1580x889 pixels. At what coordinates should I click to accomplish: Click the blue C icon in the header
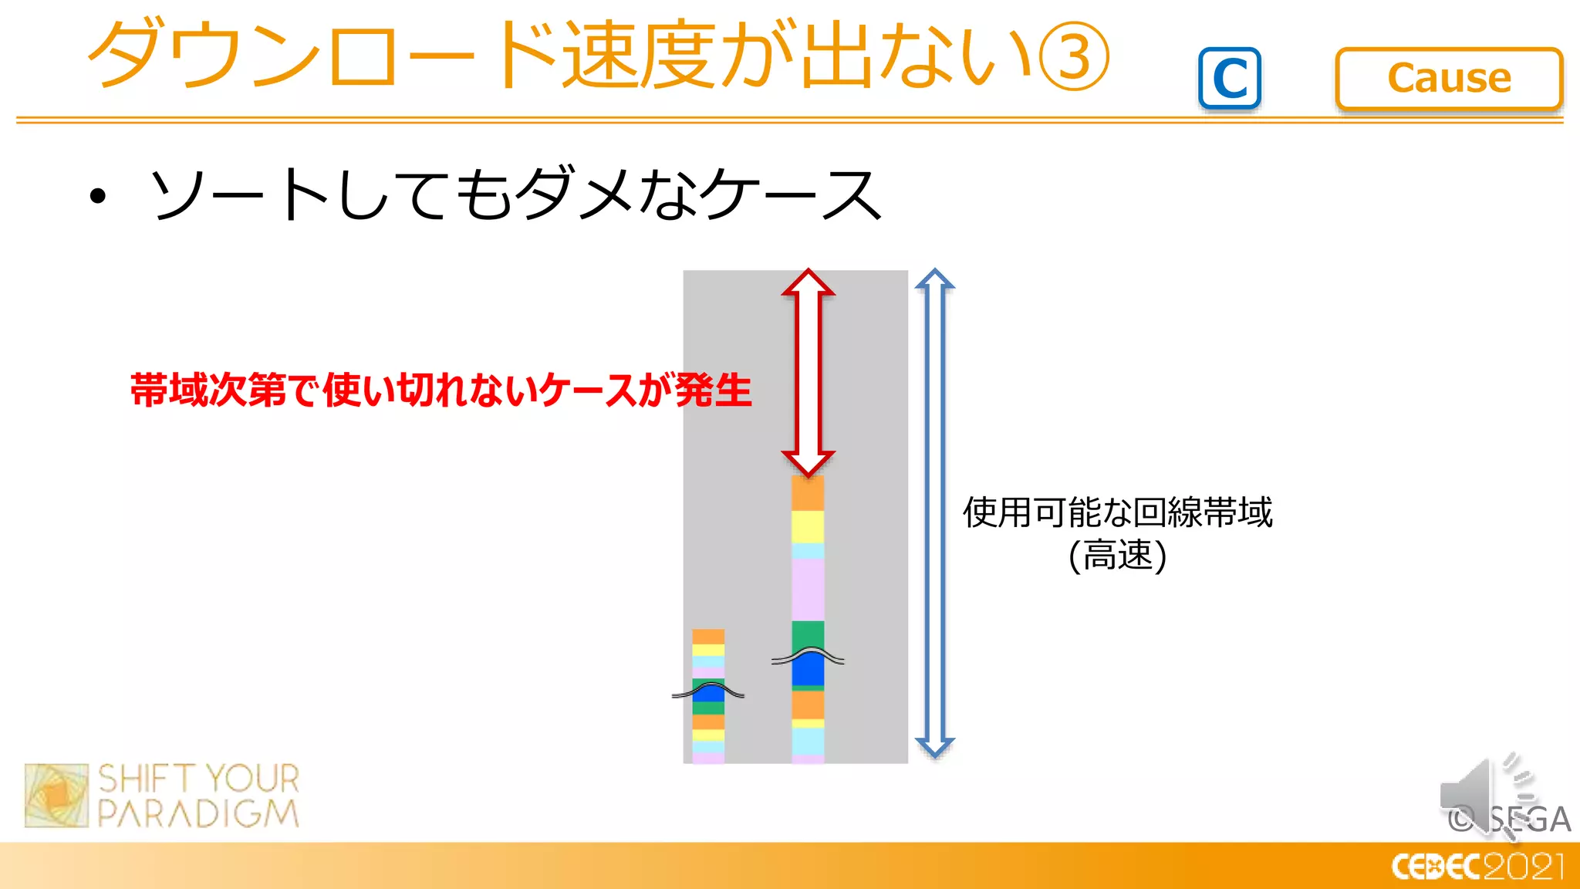1230,78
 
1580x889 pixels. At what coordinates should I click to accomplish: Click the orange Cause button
1448,78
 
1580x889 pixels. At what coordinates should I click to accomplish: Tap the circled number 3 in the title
1074,56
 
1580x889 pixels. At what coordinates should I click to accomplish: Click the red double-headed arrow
808,372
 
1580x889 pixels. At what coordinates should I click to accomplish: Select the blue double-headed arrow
934,513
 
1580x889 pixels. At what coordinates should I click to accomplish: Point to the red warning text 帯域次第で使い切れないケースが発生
441,390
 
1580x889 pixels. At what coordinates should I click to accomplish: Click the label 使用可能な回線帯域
1116,512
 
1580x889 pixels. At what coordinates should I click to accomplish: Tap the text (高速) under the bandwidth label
1116,556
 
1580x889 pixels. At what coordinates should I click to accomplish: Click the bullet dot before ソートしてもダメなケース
97,196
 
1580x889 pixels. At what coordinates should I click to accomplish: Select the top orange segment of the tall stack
808,492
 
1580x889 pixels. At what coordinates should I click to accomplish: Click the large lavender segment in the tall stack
808,590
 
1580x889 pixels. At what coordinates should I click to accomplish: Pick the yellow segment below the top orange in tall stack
808,526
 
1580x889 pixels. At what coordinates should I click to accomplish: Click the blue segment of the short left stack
707,692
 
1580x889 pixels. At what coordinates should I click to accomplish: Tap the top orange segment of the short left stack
707,637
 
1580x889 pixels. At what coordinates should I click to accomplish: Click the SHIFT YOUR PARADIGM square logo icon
56,796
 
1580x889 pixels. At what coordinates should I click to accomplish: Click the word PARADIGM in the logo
198,813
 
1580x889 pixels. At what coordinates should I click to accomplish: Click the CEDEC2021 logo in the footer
1477,866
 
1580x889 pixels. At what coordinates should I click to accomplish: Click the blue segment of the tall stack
808,670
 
